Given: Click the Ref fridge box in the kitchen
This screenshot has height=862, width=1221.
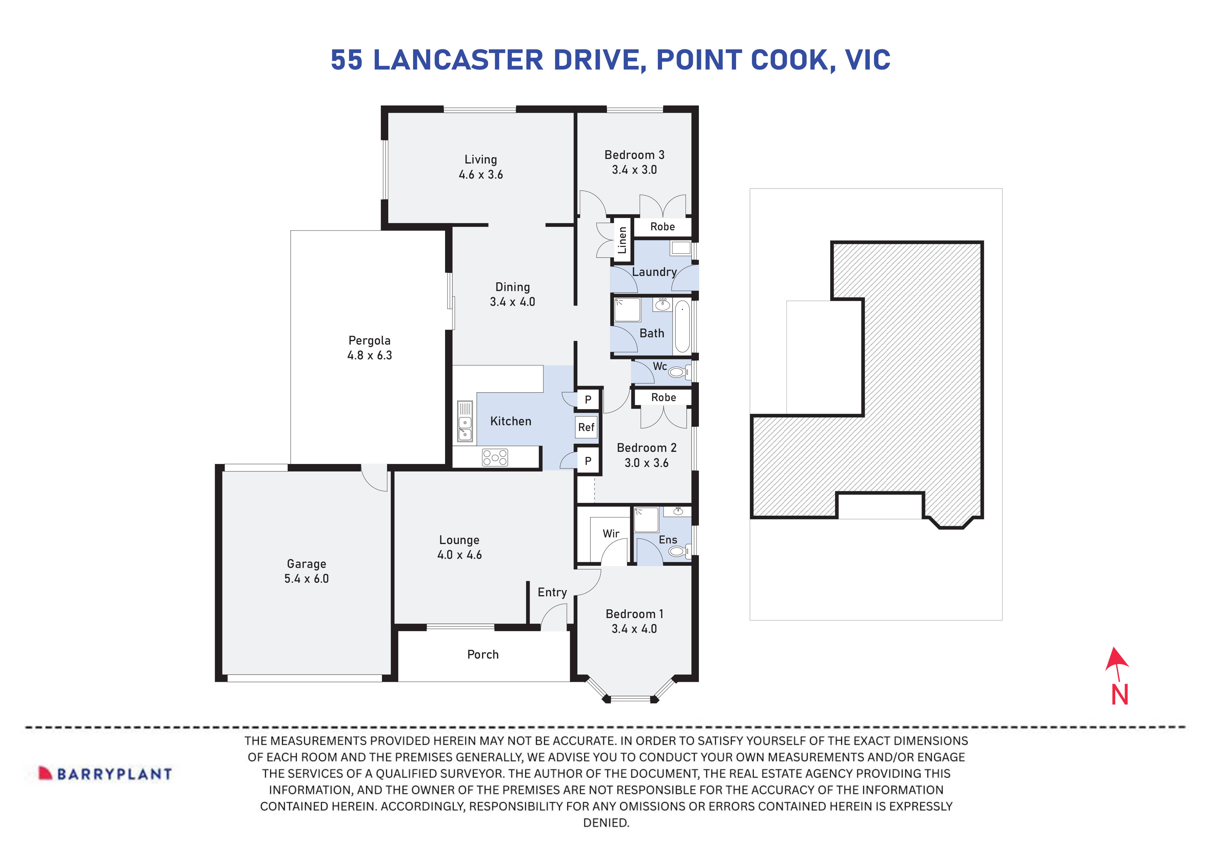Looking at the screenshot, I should pyautogui.click(x=586, y=427).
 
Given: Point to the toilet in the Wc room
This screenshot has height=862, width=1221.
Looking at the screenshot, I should pyautogui.click(x=677, y=372).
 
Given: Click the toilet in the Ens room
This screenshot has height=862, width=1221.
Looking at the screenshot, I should pyautogui.click(x=677, y=551).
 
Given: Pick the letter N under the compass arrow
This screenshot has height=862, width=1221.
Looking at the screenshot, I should pyautogui.click(x=1119, y=695).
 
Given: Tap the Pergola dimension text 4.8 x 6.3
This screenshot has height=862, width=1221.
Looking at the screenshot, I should pyautogui.click(x=370, y=355).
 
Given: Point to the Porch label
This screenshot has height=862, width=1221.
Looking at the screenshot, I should pyautogui.click(x=483, y=654).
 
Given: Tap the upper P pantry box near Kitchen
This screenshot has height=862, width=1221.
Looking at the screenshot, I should pyautogui.click(x=588, y=399).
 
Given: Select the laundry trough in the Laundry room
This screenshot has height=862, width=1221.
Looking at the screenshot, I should pyautogui.click(x=680, y=248).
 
